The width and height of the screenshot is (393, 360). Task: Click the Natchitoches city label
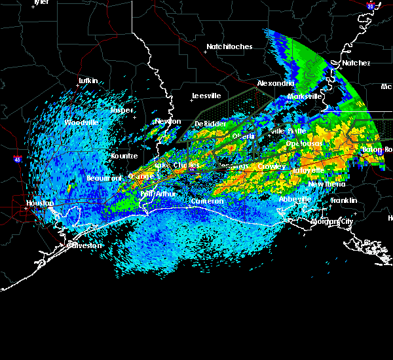pos(229,46)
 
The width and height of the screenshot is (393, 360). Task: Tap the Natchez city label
pos(356,63)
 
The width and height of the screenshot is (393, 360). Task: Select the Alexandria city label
pos(275,84)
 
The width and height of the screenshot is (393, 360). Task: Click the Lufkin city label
pos(88,81)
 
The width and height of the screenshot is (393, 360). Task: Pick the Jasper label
pos(121,110)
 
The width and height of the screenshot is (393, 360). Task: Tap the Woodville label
pos(81,122)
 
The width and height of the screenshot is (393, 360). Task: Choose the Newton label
pos(167,121)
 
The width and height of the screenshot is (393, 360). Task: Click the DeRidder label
pos(210,124)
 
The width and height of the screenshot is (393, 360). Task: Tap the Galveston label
pos(86,245)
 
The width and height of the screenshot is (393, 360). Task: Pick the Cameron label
pos(207,202)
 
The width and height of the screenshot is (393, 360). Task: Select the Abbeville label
pos(295,199)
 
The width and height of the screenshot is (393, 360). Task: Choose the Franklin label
pos(343,200)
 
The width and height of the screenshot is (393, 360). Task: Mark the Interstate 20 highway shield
pos(370,6)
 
